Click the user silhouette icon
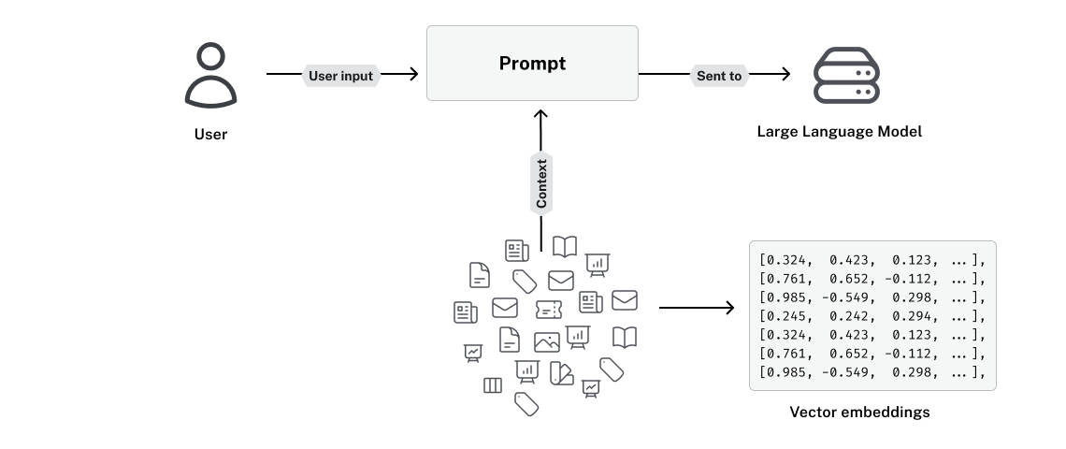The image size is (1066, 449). point(210,76)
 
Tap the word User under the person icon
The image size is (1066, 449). point(210,134)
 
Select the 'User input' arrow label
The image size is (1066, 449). point(341,76)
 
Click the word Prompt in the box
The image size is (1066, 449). point(532,64)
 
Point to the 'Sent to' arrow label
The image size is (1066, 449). point(719,76)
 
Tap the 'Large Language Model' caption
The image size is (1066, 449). point(839,132)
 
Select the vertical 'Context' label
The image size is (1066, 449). point(541,183)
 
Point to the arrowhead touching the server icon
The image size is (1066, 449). point(785,76)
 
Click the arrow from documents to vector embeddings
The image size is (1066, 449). point(697,307)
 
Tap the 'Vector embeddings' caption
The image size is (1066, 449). point(859,412)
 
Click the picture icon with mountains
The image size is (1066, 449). point(547,342)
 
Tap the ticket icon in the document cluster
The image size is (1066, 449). point(549,309)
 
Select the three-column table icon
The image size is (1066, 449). point(493,385)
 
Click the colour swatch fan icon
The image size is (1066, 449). point(561,373)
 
